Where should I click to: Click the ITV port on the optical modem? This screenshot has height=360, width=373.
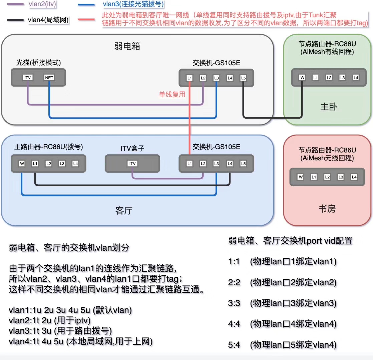pos(27,78)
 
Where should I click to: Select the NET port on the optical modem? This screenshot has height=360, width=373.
pos(49,78)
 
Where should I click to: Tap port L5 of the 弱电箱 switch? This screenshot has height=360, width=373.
pos(243,78)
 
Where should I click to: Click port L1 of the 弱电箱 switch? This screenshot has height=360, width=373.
pos(190,78)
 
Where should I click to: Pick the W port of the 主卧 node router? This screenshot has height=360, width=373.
pos(302,78)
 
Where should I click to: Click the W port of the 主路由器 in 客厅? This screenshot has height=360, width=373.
pos(22,164)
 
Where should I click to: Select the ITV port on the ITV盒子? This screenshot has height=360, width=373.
pos(132,164)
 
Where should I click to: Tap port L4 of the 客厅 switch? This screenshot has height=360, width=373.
pos(230,164)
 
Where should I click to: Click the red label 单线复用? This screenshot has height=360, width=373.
pos(172,95)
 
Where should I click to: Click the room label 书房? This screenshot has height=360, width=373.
pos(327,209)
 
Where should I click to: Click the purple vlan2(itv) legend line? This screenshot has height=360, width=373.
pos(13,4)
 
